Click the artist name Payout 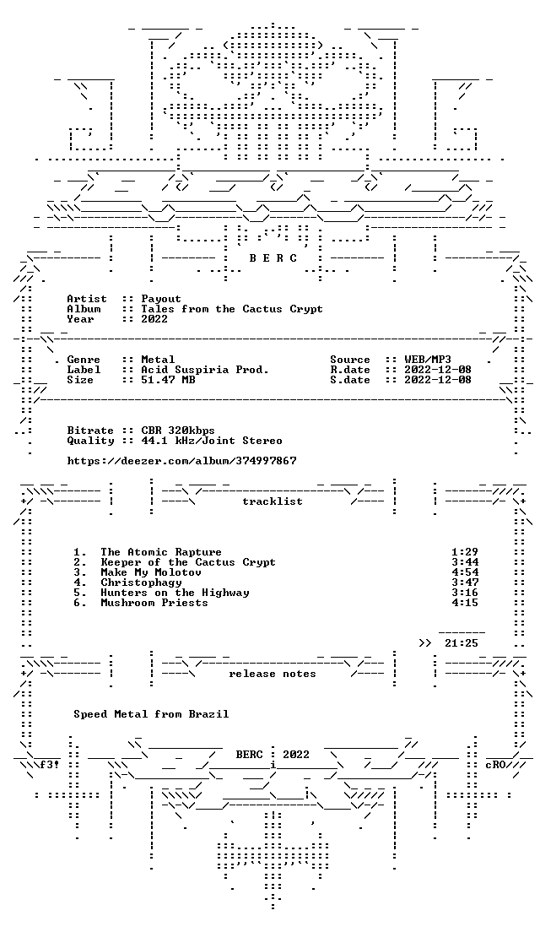point(161,299)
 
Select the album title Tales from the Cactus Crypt point(232,309)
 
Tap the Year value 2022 point(154,319)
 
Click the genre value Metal point(158,360)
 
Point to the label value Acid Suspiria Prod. point(205,370)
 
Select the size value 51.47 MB point(168,380)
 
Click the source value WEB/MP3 point(428,360)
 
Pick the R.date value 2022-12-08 point(438,370)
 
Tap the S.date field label point(350,380)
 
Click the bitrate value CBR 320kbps point(178,431)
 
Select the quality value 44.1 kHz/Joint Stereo point(212,441)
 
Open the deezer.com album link point(181,461)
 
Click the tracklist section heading point(272,501)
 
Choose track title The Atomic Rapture point(161,552)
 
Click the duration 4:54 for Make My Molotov point(465,572)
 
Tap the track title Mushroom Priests point(154,603)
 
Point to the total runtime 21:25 point(462,643)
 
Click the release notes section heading point(272,674)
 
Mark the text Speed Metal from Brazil point(151,714)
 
